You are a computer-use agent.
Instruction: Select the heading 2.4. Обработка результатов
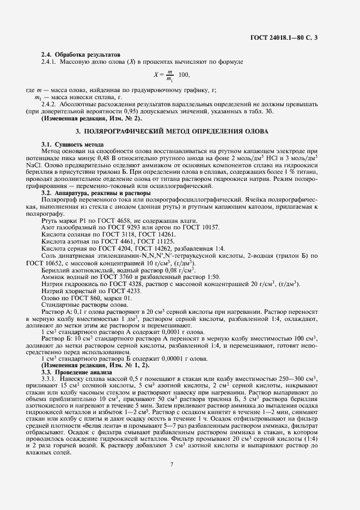click(x=81, y=54)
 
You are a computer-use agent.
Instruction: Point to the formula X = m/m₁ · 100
click(x=172, y=75)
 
